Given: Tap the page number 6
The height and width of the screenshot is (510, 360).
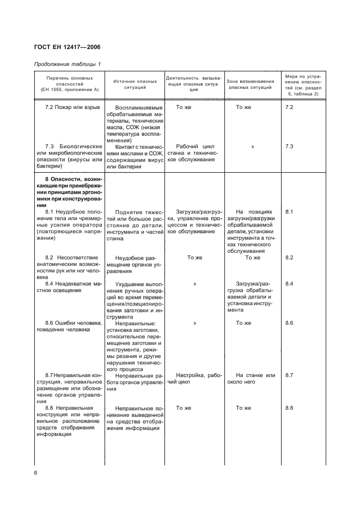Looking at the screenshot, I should point(36,472).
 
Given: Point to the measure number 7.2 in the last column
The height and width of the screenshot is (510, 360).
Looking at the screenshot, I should point(289,107).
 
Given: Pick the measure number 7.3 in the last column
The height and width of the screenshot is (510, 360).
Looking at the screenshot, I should point(289,147).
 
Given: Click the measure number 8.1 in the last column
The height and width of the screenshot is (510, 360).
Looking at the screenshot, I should point(289,211).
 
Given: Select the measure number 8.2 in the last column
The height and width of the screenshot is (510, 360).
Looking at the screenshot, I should point(289,257).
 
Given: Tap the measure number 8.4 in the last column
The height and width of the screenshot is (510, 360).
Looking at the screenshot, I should point(289,284).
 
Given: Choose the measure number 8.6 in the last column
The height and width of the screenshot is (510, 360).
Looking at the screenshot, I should point(289,323).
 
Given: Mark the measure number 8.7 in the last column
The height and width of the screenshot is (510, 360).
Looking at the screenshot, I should point(289,375).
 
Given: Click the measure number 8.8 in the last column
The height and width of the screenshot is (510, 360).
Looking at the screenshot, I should point(289,408).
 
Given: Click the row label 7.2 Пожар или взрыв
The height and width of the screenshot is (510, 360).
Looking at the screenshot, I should point(72,107).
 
